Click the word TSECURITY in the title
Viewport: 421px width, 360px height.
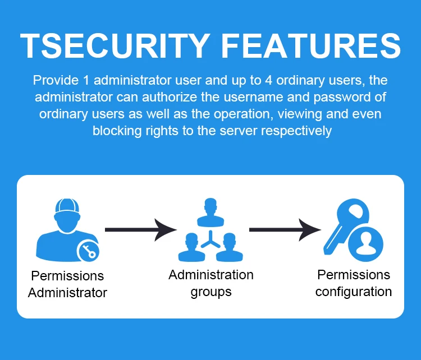115,45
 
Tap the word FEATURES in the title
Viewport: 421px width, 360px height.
311,45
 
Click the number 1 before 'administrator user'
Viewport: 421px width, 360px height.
86,80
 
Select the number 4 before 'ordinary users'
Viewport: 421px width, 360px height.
268,80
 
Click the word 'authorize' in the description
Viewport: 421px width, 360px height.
170,97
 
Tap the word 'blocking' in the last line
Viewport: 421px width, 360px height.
117,131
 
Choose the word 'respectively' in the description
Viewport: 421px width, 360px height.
296,131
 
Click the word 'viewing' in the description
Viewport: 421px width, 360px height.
300,114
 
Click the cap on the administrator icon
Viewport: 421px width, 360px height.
67,206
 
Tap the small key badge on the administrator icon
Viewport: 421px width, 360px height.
88,251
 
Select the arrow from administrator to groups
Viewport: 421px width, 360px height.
141,230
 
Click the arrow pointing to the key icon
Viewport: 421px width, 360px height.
285,230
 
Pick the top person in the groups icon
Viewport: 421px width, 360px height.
210,213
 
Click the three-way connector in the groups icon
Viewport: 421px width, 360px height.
210,239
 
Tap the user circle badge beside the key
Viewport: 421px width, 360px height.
365,244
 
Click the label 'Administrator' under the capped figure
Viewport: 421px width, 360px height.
67,293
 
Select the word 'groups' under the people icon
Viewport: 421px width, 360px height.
211,292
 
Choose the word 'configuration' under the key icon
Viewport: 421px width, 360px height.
354,292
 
